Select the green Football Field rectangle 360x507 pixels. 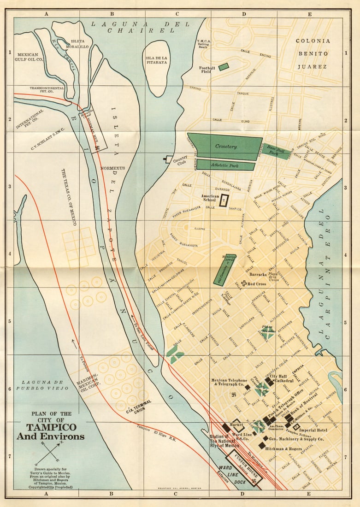pyautogui.click(x=224, y=67)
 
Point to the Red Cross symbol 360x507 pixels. pyautogui.click(x=244, y=283)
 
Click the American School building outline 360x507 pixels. pyautogui.click(x=224, y=200)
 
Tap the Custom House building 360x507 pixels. pyautogui.click(x=245, y=469)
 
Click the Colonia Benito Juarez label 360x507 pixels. pyautogui.click(x=313, y=53)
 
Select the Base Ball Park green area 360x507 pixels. pyautogui.click(x=277, y=151)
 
